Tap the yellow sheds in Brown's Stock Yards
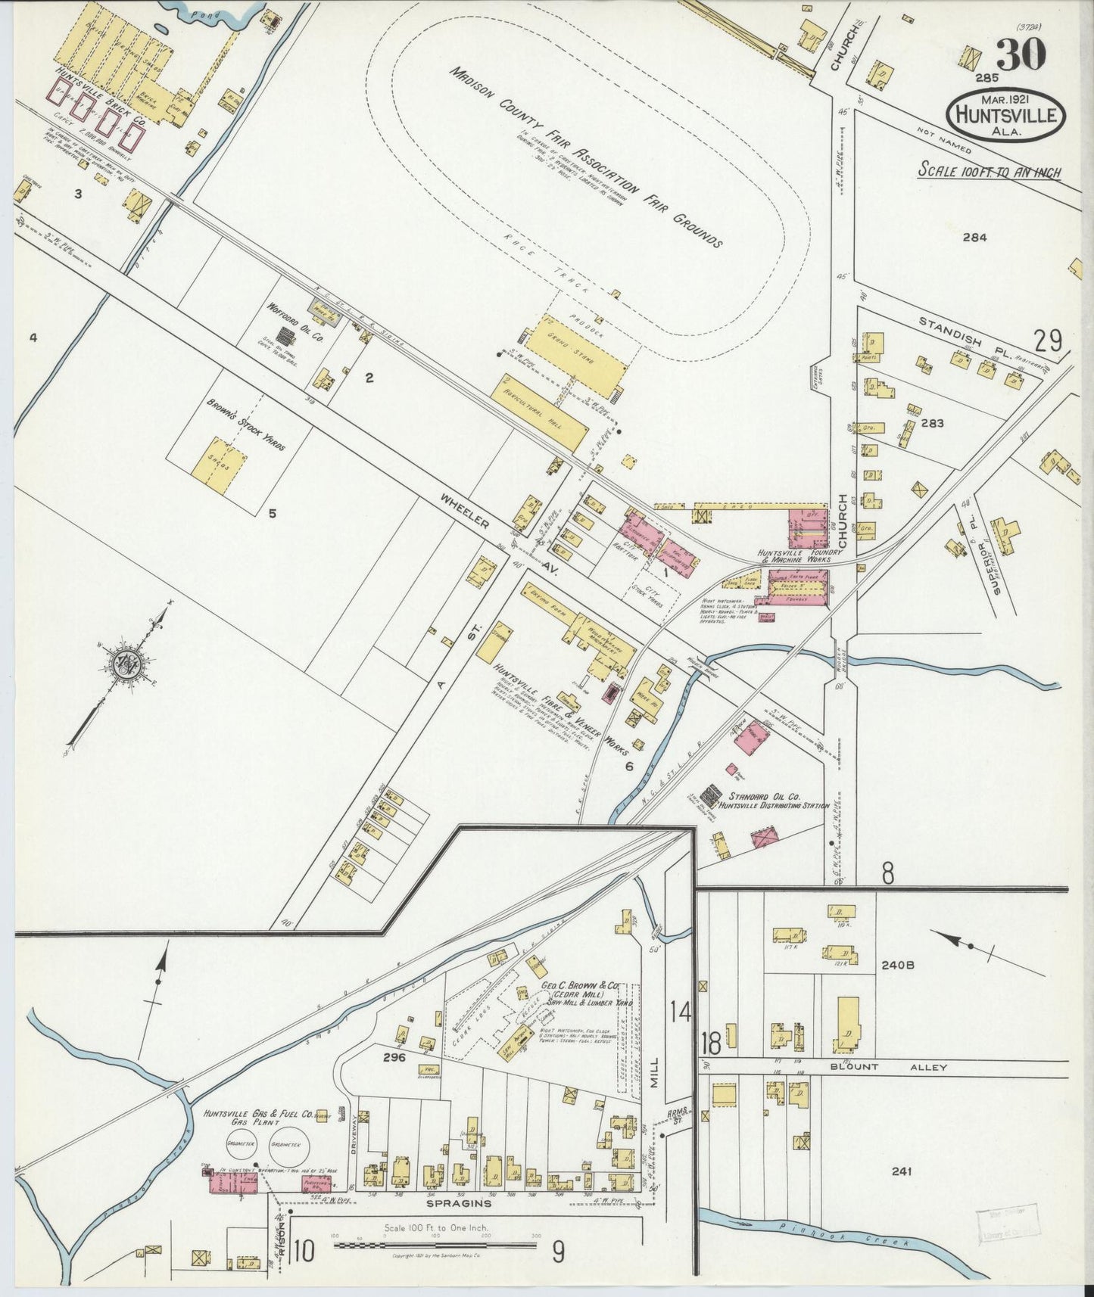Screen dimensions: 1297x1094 220,462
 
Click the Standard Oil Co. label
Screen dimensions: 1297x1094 765,797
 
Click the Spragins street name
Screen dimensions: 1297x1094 447,1202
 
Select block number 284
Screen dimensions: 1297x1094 974,237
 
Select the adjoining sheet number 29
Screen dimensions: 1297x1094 1049,342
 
